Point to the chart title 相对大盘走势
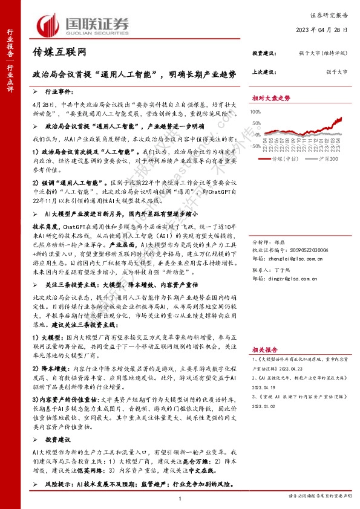(271, 97)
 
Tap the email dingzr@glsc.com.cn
(292, 262)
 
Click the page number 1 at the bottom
(180, 498)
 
